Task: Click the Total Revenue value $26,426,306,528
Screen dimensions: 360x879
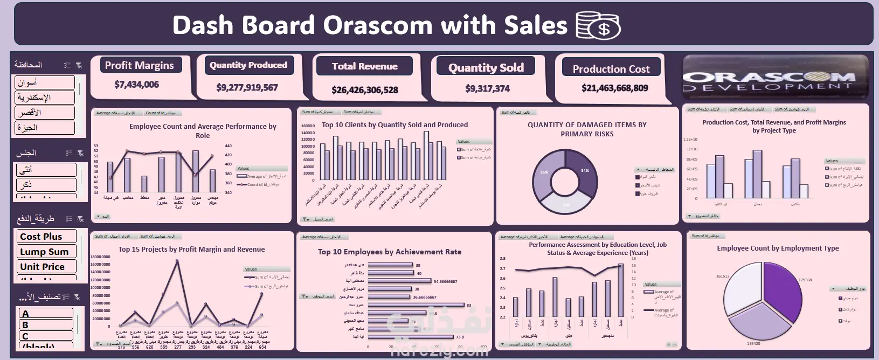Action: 365,90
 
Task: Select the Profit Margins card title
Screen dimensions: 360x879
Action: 139,65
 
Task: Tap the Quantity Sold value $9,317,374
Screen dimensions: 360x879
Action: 487,88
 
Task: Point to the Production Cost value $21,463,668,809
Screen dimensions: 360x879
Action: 614,88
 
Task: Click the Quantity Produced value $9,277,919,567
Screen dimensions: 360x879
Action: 247,87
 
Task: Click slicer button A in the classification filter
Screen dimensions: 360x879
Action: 46,313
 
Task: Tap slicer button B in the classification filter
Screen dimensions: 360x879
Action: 46,324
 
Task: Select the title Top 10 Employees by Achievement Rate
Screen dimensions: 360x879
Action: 389,252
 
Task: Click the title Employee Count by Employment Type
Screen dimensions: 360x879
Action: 778,248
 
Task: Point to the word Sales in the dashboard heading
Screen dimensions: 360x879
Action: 536,25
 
